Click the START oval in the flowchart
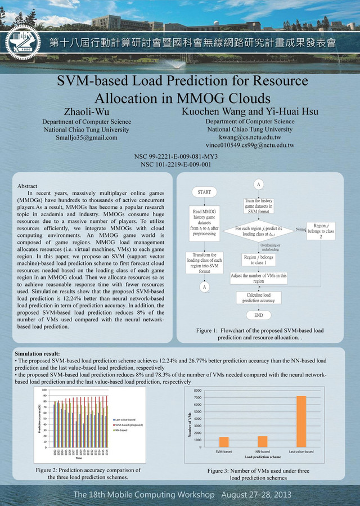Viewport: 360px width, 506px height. click(204, 192)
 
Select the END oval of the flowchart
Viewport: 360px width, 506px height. click(258, 316)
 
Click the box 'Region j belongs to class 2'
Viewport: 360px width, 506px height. click(321, 231)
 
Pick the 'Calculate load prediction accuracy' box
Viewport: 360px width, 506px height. click(259, 298)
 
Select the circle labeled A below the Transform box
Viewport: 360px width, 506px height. click(205, 286)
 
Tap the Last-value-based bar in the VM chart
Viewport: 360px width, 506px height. click(301, 421)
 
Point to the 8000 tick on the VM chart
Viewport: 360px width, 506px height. click(198, 391)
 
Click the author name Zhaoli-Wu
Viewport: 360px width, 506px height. click(87, 110)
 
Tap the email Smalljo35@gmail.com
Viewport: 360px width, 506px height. click(87, 138)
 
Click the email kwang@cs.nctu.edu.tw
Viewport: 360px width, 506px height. click(250, 137)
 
